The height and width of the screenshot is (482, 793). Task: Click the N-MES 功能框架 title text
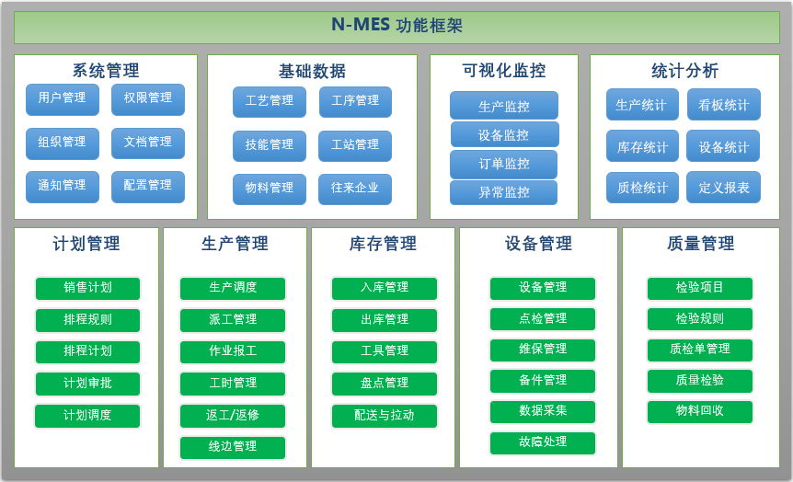(397, 25)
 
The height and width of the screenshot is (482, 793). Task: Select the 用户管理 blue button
(63, 98)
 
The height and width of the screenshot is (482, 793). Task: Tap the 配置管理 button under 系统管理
(148, 186)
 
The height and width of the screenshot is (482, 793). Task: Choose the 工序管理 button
(355, 101)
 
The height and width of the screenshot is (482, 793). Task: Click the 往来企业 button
(355, 189)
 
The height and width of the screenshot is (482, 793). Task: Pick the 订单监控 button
(504, 164)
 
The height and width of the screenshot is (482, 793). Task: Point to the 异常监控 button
(504, 192)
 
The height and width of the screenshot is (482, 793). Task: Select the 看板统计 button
(724, 105)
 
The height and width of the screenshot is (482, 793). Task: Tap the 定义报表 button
(724, 188)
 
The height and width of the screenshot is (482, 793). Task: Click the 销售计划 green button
(87, 288)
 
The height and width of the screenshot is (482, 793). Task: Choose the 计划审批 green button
(87, 384)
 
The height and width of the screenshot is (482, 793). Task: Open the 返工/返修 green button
(233, 416)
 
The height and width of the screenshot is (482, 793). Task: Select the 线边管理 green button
(233, 447)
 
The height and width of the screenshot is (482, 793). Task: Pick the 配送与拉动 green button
(385, 416)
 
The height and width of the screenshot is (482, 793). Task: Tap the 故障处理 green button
(543, 442)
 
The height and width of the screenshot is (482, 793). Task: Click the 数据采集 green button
(543, 411)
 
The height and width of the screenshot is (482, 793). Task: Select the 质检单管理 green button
(700, 350)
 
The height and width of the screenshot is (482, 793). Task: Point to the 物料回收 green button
(700, 411)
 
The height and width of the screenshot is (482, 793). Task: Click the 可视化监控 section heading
(504, 70)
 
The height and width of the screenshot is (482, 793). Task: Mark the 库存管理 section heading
(383, 244)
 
